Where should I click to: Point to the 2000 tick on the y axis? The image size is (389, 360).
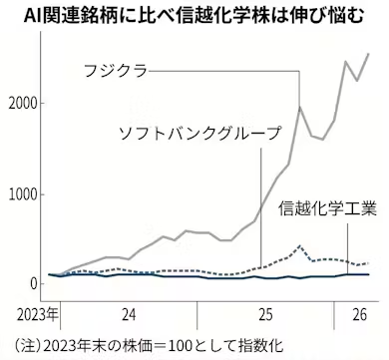tap(22, 104)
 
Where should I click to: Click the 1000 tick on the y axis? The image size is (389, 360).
tap(22, 194)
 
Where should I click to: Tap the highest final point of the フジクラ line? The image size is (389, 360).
tap(370, 54)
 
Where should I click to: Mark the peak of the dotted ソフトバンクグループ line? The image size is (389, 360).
tap(300, 244)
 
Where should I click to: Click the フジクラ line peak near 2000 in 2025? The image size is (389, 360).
tap(300, 106)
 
